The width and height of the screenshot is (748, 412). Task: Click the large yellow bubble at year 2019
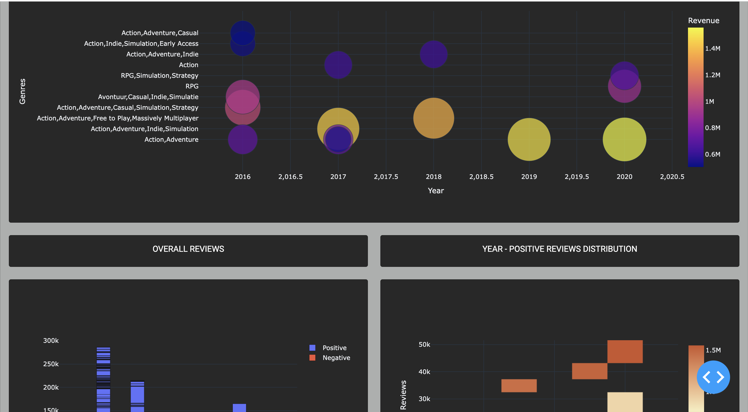529,139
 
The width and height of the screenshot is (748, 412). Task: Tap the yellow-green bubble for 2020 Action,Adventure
624,139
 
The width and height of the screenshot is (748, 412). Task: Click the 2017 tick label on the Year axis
338,177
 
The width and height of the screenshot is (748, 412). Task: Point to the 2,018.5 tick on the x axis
481,177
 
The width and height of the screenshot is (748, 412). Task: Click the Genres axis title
22,91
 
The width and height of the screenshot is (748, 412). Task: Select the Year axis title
435,190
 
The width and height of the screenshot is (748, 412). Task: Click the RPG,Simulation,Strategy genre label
160,76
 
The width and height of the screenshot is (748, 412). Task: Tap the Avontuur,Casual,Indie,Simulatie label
148,97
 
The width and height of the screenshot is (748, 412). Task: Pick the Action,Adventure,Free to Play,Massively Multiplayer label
118,118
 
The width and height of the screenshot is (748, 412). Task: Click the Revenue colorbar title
703,20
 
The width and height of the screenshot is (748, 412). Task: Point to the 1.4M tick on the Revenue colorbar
712,48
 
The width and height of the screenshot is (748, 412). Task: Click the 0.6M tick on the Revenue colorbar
712,154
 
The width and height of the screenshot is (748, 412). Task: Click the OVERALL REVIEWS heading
188,249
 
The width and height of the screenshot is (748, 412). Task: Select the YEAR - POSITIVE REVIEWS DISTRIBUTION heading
560,249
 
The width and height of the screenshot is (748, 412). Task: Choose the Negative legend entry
336,358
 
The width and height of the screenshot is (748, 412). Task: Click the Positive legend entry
334,348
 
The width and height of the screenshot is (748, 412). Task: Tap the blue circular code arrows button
713,377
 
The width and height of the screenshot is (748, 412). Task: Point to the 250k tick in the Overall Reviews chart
51,364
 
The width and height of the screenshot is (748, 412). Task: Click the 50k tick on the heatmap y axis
424,345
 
